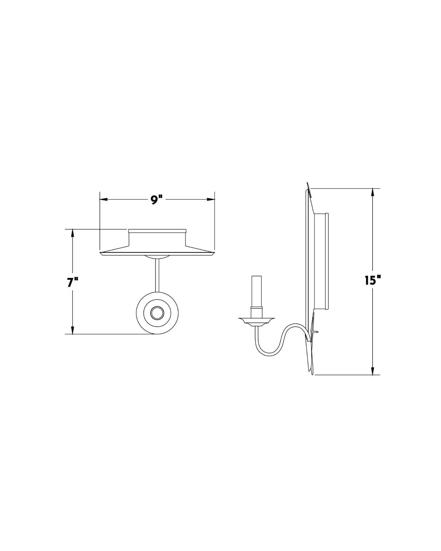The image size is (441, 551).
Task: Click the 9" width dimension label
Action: click(157, 200)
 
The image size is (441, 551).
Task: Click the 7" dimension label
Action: click(73, 283)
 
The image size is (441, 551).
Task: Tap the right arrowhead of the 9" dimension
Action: click(211, 199)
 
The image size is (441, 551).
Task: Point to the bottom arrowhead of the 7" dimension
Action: click(73, 330)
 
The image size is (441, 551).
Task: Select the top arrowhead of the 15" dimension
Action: click(373, 192)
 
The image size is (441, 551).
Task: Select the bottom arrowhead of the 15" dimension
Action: click(373, 371)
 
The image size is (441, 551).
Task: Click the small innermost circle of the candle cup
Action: click(157, 313)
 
